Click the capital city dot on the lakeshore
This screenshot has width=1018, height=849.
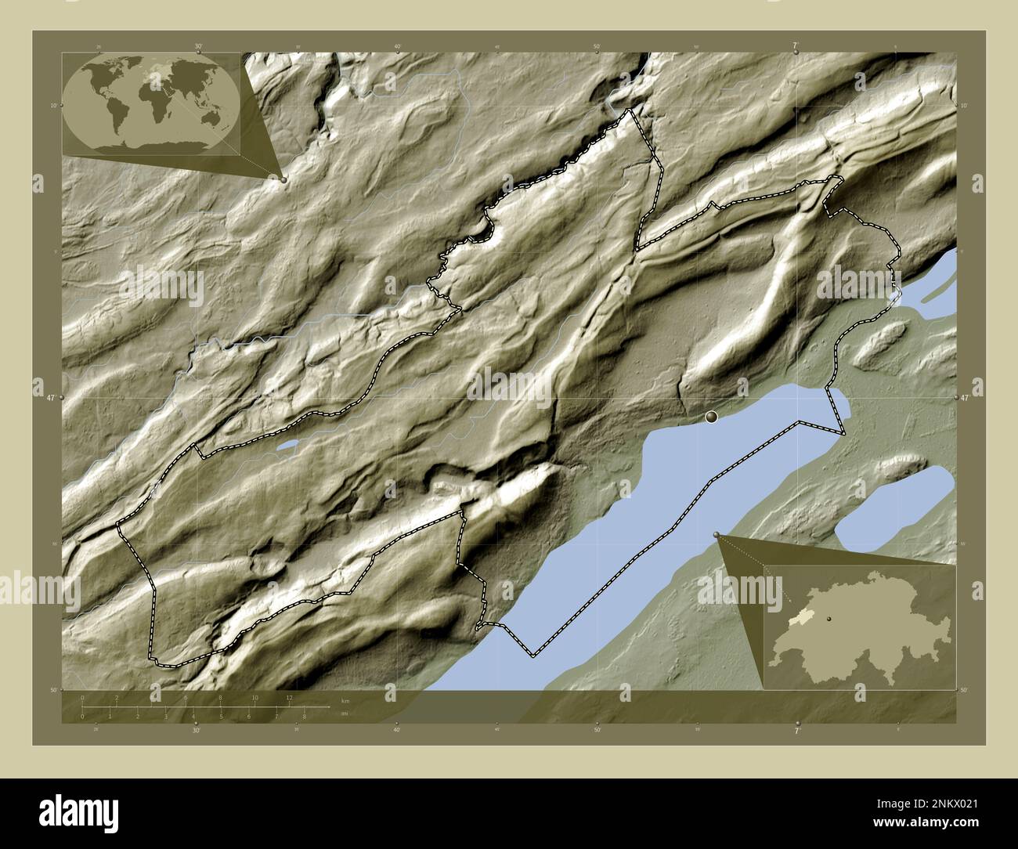coord(711,417)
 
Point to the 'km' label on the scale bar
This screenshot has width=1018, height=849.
coord(345,700)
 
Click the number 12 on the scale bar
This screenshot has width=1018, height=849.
coord(289,697)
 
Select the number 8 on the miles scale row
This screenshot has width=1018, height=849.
coord(304,716)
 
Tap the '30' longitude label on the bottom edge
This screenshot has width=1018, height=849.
coord(196,730)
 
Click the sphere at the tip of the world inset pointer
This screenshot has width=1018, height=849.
coord(283,179)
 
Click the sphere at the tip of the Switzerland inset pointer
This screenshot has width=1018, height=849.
coord(717,534)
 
